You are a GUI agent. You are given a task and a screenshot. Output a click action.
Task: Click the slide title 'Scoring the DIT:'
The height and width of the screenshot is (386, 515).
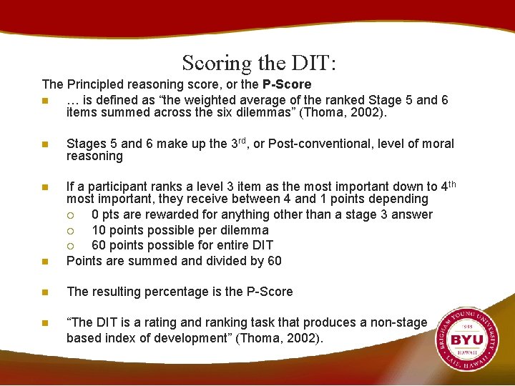(258, 63)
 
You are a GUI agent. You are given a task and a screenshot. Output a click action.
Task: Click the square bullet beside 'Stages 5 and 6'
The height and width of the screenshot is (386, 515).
(46, 144)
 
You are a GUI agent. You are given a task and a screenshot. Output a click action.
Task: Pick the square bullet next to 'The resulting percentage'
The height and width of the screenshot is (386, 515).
(46, 292)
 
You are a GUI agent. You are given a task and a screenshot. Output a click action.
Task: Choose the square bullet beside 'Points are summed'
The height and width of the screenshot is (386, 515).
(46, 262)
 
